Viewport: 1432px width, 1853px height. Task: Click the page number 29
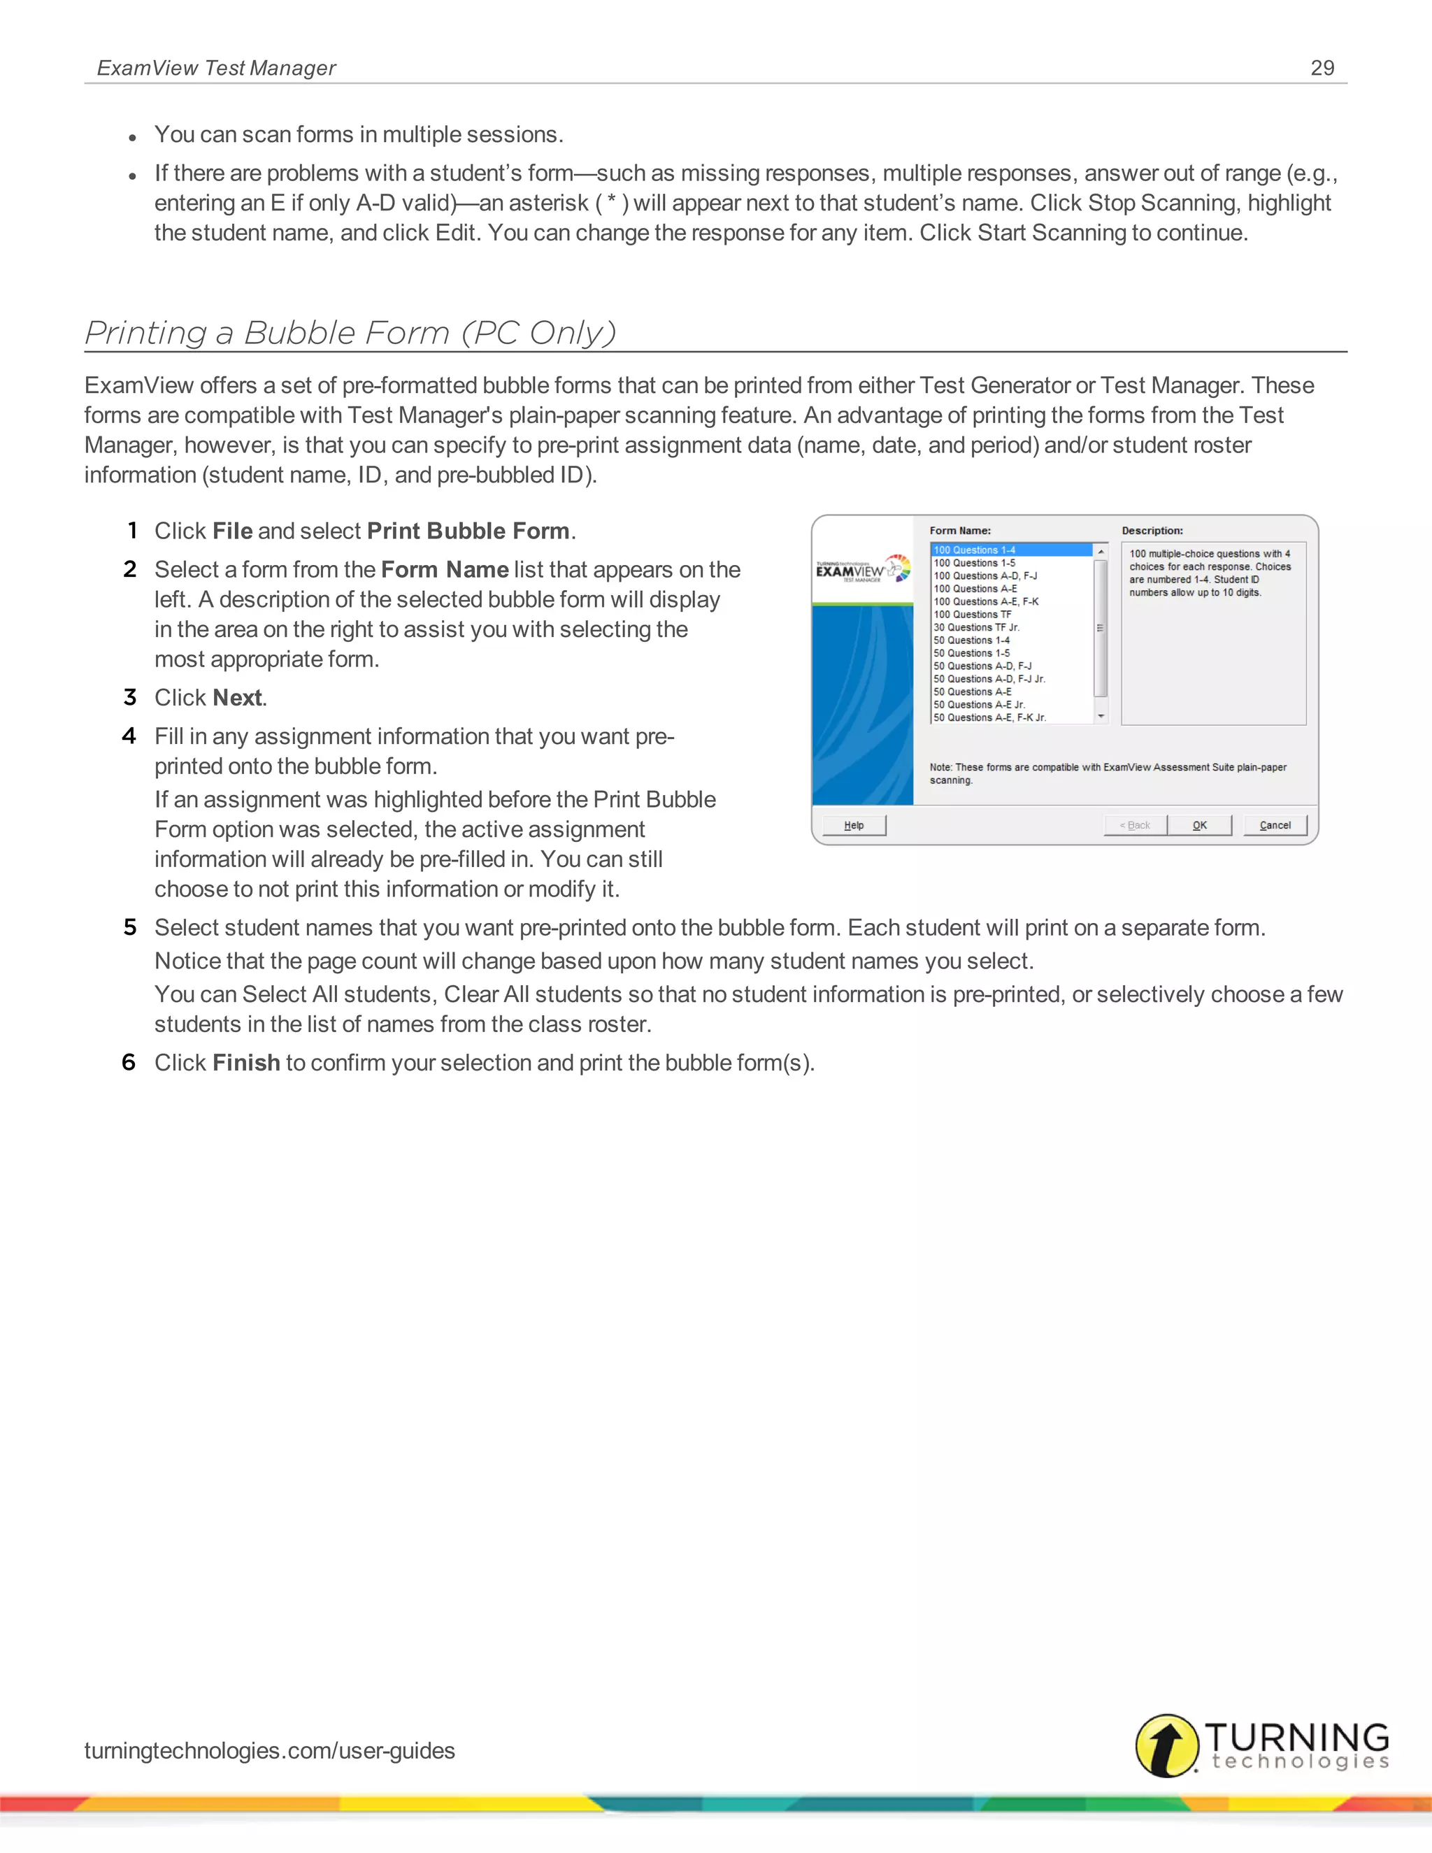(x=1322, y=68)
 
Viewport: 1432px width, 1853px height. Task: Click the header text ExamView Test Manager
(x=216, y=68)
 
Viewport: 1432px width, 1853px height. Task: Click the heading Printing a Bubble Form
(x=350, y=333)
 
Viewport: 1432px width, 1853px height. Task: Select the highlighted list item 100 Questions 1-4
(x=974, y=550)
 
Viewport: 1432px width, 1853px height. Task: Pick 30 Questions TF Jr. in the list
(x=975, y=627)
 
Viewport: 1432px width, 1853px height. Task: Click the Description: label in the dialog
(x=1152, y=530)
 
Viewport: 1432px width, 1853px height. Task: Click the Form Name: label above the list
(x=959, y=530)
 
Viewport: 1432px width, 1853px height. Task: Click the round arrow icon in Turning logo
(x=1167, y=1745)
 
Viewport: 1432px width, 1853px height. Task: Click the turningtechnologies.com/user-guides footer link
(x=269, y=1750)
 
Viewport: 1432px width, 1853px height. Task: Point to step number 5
(x=130, y=927)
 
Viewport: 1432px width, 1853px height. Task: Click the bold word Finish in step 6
(x=246, y=1063)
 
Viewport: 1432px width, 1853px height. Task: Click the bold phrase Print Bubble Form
(x=468, y=531)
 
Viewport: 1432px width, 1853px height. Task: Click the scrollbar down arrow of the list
(x=1101, y=717)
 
